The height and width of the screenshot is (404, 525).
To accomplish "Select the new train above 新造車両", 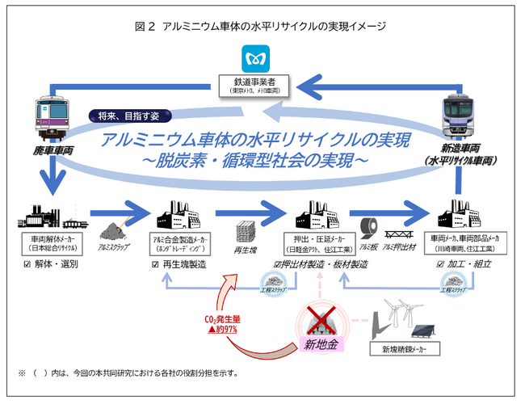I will (468, 121).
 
